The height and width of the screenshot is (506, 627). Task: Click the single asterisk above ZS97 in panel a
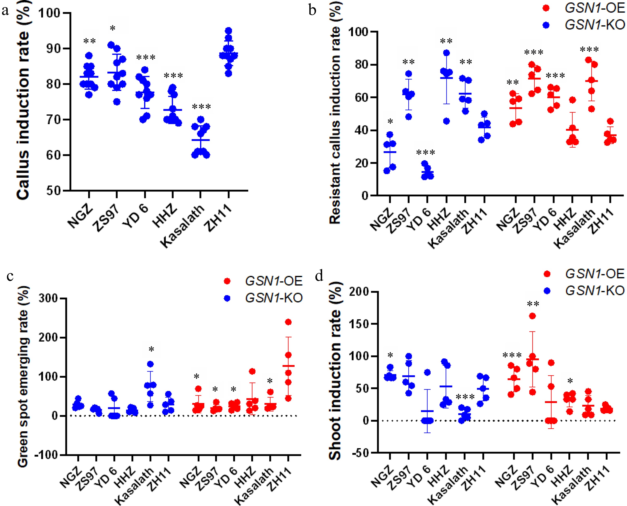click(113, 29)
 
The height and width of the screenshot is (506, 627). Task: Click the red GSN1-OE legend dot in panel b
click(546, 8)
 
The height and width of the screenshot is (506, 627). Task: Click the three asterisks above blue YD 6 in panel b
click(425, 153)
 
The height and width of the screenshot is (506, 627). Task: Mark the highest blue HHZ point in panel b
click(447, 53)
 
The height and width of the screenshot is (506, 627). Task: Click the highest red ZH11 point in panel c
click(288, 322)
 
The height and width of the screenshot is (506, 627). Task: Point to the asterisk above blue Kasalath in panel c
click(151, 349)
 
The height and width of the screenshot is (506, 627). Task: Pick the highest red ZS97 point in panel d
click(532, 316)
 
